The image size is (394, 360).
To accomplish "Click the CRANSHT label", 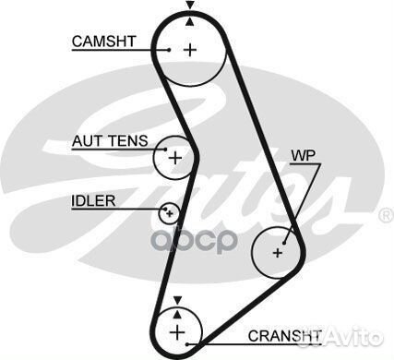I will pyautogui.click(x=284, y=334).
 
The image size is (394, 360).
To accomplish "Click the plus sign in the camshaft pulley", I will pyautogui.click(x=190, y=49).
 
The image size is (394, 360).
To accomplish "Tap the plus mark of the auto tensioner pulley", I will pyautogui.click(x=174, y=157).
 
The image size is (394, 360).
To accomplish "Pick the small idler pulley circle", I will pyautogui.click(x=169, y=214).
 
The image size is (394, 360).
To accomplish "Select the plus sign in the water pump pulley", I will pyautogui.click(x=278, y=250).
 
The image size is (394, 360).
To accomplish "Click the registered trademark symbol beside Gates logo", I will pyautogui.click(x=386, y=215).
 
